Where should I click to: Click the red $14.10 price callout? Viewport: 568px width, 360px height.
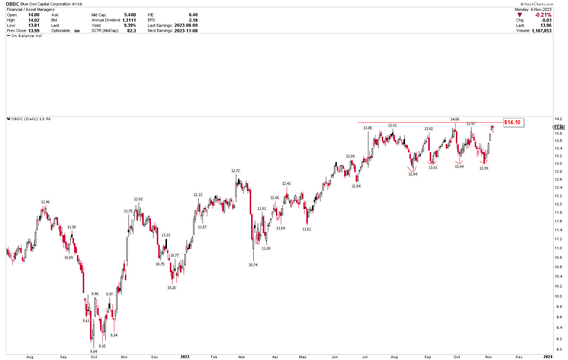512,122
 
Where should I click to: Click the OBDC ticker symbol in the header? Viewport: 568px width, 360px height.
13,4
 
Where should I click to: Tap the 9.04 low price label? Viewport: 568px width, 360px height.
94,351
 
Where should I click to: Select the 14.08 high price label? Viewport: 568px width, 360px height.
455,119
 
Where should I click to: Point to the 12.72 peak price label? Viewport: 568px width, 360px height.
236,171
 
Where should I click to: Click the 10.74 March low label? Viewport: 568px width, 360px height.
253,265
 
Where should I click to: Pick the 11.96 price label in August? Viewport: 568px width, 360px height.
45,202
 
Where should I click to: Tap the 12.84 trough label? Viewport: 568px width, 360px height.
413,174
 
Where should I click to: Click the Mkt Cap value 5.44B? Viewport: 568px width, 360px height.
130,15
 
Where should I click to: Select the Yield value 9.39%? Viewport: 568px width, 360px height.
130,25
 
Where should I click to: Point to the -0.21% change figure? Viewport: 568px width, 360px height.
543,15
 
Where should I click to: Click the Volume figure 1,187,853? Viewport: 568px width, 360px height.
541,31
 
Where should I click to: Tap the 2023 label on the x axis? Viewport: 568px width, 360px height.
185,357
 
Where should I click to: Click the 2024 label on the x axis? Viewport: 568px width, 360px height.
548,357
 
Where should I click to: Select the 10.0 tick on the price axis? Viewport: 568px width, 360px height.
559,296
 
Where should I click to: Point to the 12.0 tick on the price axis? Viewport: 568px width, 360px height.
559,204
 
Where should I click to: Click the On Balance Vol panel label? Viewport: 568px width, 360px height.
26,36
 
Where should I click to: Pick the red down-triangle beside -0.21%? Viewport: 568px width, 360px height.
520,15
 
